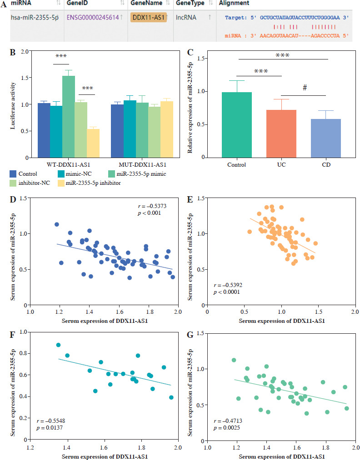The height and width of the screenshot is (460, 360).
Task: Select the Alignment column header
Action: pyautogui.click(x=235, y=3)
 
